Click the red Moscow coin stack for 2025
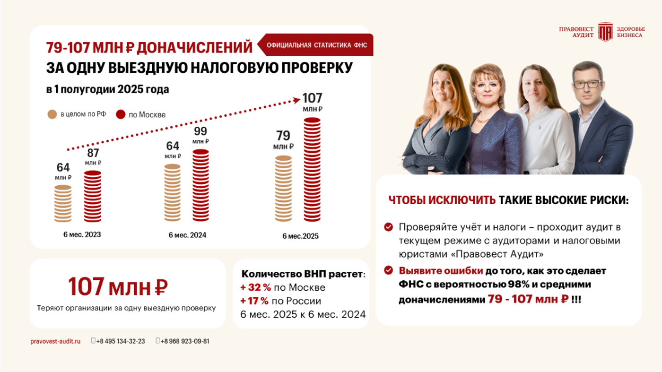pyautogui.click(x=312, y=169)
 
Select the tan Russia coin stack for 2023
pyautogui.click(x=62, y=204)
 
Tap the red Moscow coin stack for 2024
pyautogui.click(x=200, y=185)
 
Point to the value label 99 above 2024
pyautogui.click(x=200, y=131)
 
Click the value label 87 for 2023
pyautogui.click(x=93, y=153)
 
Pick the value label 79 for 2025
pyautogui.click(x=283, y=136)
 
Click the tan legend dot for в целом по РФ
pyautogui.click(x=52, y=114)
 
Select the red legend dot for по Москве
pyautogui.click(x=121, y=114)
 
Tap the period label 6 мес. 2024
pyautogui.click(x=187, y=235)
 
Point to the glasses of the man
pyautogui.click(x=588, y=84)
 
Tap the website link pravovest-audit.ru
pyautogui.click(x=55, y=341)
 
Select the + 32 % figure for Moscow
pyautogui.click(x=255, y=287)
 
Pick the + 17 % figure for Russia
pyautogui.click(x=255, y=301)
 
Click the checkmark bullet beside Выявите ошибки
pyautogui.click(x=389, y=270)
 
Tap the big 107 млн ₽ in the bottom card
pyautogui.click(x=118, y=287)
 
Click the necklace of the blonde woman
pyautogui.click(x=484, y=120)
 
